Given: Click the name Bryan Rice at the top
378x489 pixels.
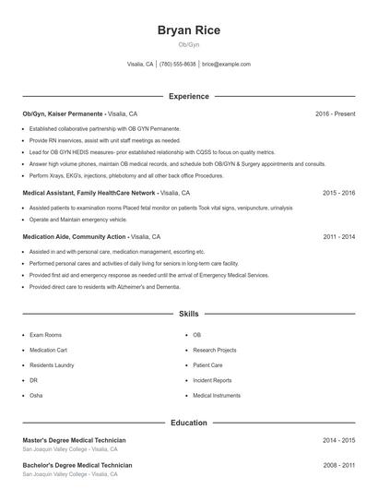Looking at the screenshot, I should (188, 30).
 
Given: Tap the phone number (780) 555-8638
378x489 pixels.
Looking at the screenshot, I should (178, 65).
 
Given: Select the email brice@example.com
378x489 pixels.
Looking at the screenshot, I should (226, 65).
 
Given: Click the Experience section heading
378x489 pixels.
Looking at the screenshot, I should (188, 96).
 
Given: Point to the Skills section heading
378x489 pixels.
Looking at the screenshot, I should (188, 315).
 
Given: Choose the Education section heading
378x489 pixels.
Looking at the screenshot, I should (188, 423).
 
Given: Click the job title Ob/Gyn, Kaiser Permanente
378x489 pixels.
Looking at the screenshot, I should (63, 113).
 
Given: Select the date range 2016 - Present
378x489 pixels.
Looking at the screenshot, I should (335, 113).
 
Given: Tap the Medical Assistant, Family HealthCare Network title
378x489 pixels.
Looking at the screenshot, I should (89, 194).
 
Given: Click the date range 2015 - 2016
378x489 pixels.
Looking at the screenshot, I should (338, 194).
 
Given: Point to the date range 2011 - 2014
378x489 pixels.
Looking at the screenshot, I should (338, 236).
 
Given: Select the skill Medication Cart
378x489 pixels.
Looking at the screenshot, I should (49, 350).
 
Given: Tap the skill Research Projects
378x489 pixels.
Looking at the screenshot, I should (214, 350).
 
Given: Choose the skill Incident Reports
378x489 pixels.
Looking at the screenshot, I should (212, 380).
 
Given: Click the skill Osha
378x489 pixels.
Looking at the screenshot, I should (36, 395).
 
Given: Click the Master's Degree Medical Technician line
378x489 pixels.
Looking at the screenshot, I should (74, 440).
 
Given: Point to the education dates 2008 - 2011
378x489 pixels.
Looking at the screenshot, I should (338, 465).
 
